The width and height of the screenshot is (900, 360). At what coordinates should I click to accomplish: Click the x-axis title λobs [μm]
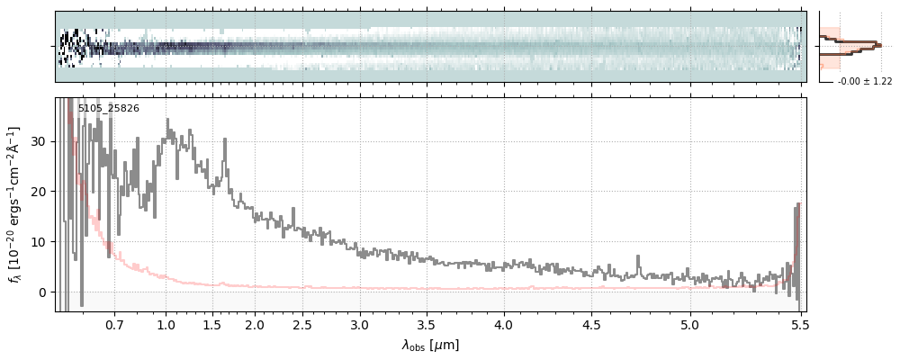(430, 345)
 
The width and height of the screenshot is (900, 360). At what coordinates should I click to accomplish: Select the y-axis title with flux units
(13, 205)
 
